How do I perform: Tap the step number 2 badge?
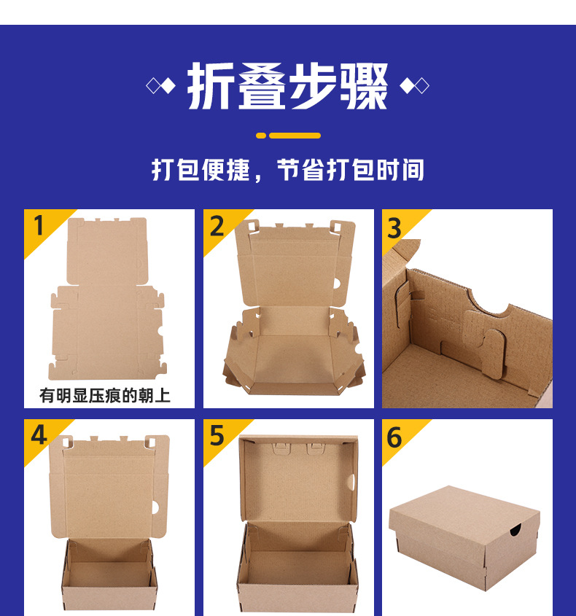[217, 226]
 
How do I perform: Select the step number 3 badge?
[394, 228]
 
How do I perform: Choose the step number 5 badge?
[217, 435]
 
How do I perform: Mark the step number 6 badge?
[394, 437]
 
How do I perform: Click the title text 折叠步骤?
[287, 87]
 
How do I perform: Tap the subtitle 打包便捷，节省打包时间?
[287, 170]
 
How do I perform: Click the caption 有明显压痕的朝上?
[105, 396]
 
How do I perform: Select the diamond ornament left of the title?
[161, 86]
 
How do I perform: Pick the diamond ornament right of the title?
[414, 86]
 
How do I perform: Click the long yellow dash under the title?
[295, 136]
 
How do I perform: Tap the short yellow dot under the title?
[261, 136]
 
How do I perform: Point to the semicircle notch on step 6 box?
[516, 531]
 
